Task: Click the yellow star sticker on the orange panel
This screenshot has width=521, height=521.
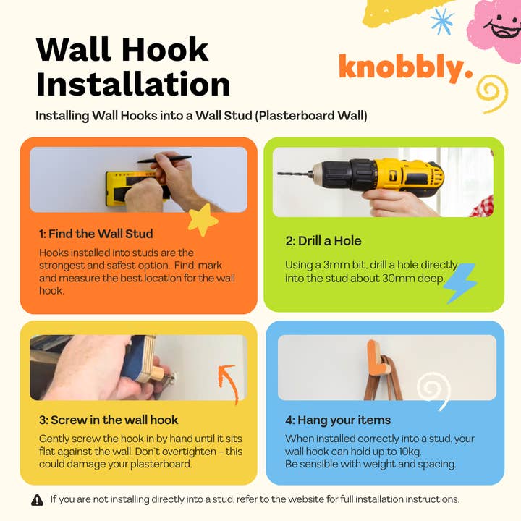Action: coord(203,220)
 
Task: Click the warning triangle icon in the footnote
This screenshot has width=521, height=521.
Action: coord(37,499)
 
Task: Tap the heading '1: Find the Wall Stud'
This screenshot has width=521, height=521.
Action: coord(96,234)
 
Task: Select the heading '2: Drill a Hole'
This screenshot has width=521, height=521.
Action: coord(323,240)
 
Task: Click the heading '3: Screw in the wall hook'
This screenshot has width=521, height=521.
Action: coord(109,420)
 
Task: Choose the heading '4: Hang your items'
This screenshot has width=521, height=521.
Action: coord(337,420)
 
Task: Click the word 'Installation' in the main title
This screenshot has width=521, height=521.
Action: coord(133,84)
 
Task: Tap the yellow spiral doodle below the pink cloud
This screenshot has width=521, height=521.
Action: coord(492,92)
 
